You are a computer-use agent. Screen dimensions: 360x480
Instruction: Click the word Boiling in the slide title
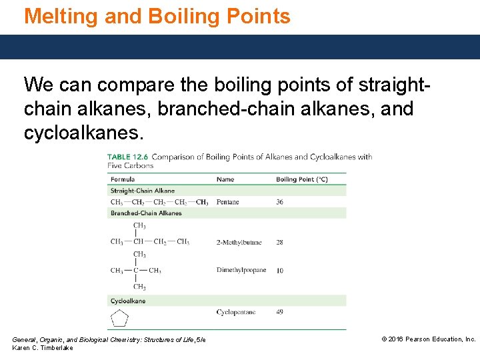click(x=186, y=16)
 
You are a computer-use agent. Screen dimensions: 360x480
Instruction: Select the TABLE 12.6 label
click(x=129, y=157)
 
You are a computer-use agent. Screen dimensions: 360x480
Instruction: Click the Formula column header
click(x=123, y=179)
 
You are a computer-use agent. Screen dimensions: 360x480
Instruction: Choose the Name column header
click(x=225, y=179)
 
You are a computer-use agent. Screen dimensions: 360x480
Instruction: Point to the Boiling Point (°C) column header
click(x=302, y=179)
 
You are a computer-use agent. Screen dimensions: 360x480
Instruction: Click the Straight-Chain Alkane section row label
click(x=143, y=191)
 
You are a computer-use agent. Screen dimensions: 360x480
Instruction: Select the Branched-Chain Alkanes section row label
click(x=146, y=213)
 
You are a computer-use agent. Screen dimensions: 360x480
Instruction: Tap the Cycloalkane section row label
click(x=128, y=301)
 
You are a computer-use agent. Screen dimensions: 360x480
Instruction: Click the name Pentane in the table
click(x=227, y=202)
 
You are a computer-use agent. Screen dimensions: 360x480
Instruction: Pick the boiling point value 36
click(x=279, y=202)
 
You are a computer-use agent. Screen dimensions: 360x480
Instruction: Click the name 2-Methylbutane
click(x=239, y=243)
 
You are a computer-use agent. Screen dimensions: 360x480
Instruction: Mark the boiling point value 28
click(x=279, y=243)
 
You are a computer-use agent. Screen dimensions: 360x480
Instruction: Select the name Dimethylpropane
click(x=241, y=270)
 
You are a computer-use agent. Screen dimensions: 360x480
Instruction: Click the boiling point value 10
click(x=279, y=271)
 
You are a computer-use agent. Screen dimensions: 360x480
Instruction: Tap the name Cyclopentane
click(x=236, y=312)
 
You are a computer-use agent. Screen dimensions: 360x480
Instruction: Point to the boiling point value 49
click(x=279, y=312)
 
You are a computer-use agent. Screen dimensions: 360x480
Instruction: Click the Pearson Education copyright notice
click(x=428, y=339)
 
